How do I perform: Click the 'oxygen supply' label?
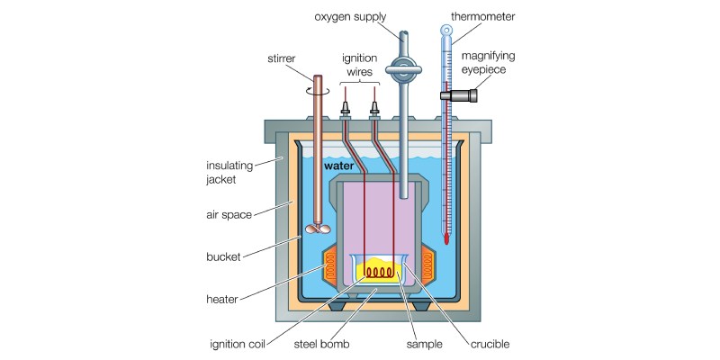click(x=350, y=17)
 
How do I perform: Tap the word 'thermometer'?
click(x=483, y=17)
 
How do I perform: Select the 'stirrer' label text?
click(x=282, y=58)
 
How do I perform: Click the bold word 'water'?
click(x=339, y=166)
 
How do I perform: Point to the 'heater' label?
click(x=222, y=300)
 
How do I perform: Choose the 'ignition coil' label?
click(x=238, y=344)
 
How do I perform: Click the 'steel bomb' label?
click(x=321, y=344)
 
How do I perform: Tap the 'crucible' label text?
click(x=490, y=344)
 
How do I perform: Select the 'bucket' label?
click(x=223, y=256)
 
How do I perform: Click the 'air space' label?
click(x=229, y=214)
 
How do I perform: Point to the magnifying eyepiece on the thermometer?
click(x=459, y=95)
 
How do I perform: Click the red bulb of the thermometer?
click(x=445, y=238)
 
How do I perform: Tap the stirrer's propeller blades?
click(x=318, y=229)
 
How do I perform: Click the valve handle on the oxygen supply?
click(x=403, y=69)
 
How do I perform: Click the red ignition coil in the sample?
click(x=379, y=273)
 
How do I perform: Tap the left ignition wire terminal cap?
click(x=346, y=109)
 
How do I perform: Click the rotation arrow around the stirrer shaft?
click(x=318, y=91)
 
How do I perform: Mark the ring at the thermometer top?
click(x=446, y=31)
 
